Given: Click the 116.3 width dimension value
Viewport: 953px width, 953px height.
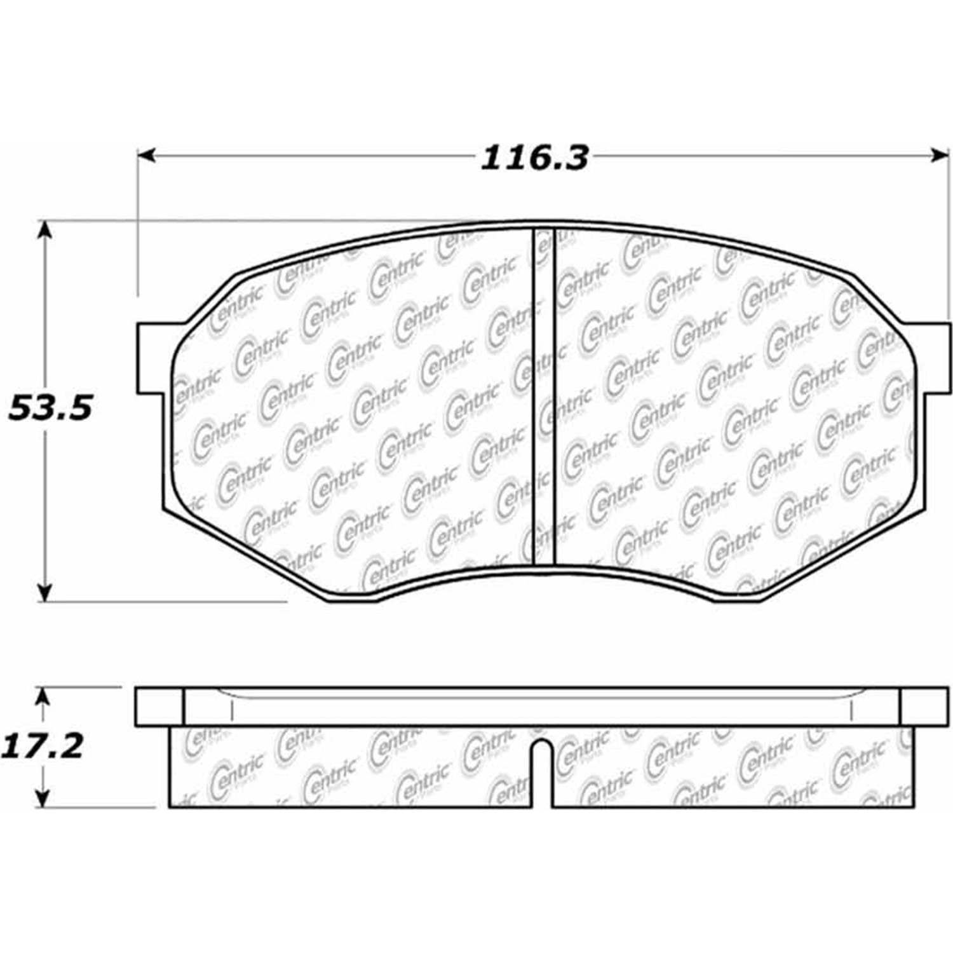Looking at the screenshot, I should click(x=534, y=158).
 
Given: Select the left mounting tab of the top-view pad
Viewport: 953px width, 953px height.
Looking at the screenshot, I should click(x=152, y=358).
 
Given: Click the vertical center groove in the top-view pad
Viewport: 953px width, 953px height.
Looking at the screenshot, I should click(x=543, y=397).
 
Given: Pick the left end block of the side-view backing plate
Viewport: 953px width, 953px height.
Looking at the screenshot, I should click(x=159, y=706).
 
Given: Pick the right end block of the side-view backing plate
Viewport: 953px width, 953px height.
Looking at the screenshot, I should click(x=924, y=706).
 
